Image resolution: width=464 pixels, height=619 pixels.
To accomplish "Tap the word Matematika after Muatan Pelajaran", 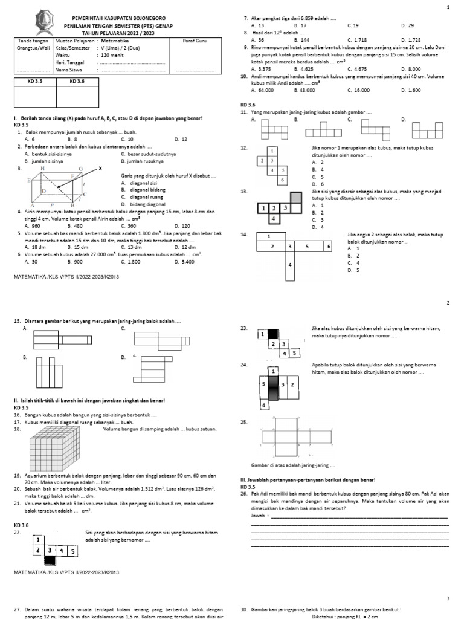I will coord(113,41).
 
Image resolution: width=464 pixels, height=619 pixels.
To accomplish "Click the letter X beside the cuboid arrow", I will coord(100,169).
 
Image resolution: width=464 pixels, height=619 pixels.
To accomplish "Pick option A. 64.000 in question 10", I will coord(262,90).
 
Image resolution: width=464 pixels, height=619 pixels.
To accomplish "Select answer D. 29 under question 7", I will coord(407,25).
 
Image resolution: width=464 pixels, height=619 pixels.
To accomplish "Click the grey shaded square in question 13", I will coord(296,197).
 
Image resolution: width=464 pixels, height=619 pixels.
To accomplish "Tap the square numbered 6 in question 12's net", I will coord(282,180).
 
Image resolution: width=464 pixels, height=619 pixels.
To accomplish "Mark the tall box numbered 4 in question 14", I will coord(290,265).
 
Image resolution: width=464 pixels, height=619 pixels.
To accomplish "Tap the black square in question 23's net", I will coord(273,332).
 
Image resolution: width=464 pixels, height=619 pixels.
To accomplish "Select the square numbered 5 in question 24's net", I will coord(263,384).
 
